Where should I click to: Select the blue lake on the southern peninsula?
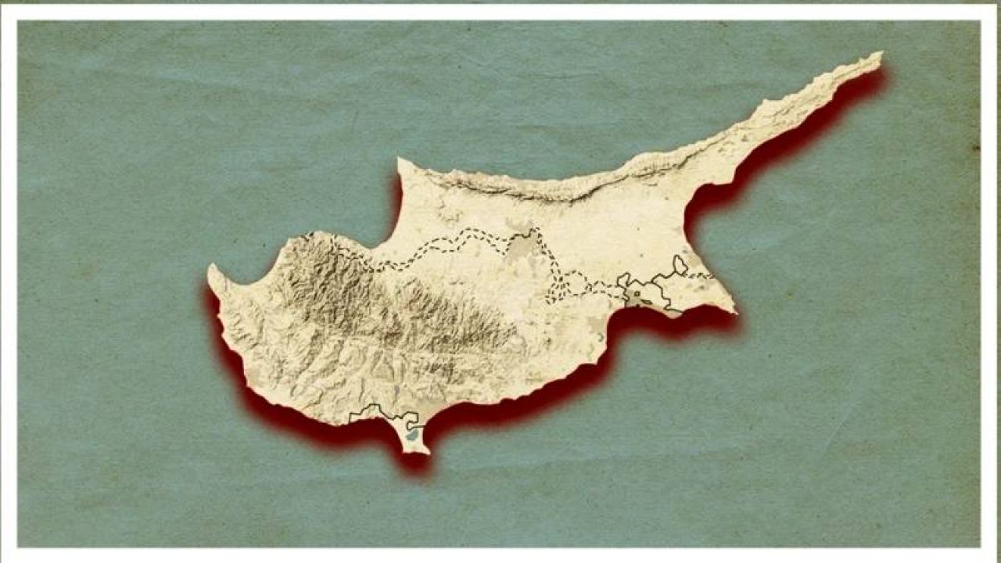(411, 432)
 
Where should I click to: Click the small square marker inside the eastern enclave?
(636, 294)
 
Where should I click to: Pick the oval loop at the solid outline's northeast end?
(680, 265)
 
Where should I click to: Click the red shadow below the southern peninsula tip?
(414, 465)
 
